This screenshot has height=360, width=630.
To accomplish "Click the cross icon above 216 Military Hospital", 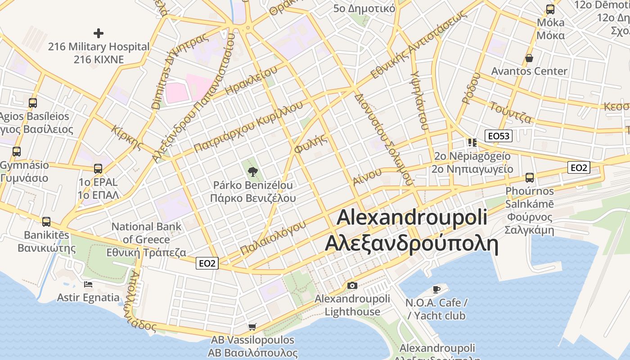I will [x=98, y=33].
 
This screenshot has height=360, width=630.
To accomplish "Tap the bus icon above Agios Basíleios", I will [x=33, y=103].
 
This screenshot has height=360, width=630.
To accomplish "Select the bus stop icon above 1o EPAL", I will [x=98, y=169].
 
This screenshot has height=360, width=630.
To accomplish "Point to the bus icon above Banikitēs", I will [x=46, y=221].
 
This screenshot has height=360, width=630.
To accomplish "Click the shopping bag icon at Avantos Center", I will [x=529, y=58].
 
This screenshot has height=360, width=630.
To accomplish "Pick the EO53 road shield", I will [x=499, y=135].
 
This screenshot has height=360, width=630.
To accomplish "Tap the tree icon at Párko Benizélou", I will [x=252, y=171].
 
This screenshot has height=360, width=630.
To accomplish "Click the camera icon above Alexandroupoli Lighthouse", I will [x=352, y=285].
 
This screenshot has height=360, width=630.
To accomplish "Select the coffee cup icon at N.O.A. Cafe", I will [x=436, y=289].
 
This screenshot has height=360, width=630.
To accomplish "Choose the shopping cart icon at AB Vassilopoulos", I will [x=252, y=326].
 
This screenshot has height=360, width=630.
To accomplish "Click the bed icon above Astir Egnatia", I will [x=88, y=284].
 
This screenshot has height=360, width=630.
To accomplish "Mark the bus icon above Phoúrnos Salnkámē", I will [x=529, y=177].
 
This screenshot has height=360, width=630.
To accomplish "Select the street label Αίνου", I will [x=367, y=176].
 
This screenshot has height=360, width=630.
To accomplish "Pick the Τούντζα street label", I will [x=511, y=112].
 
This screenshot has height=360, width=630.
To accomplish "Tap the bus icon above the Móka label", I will [x=550, y=9].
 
